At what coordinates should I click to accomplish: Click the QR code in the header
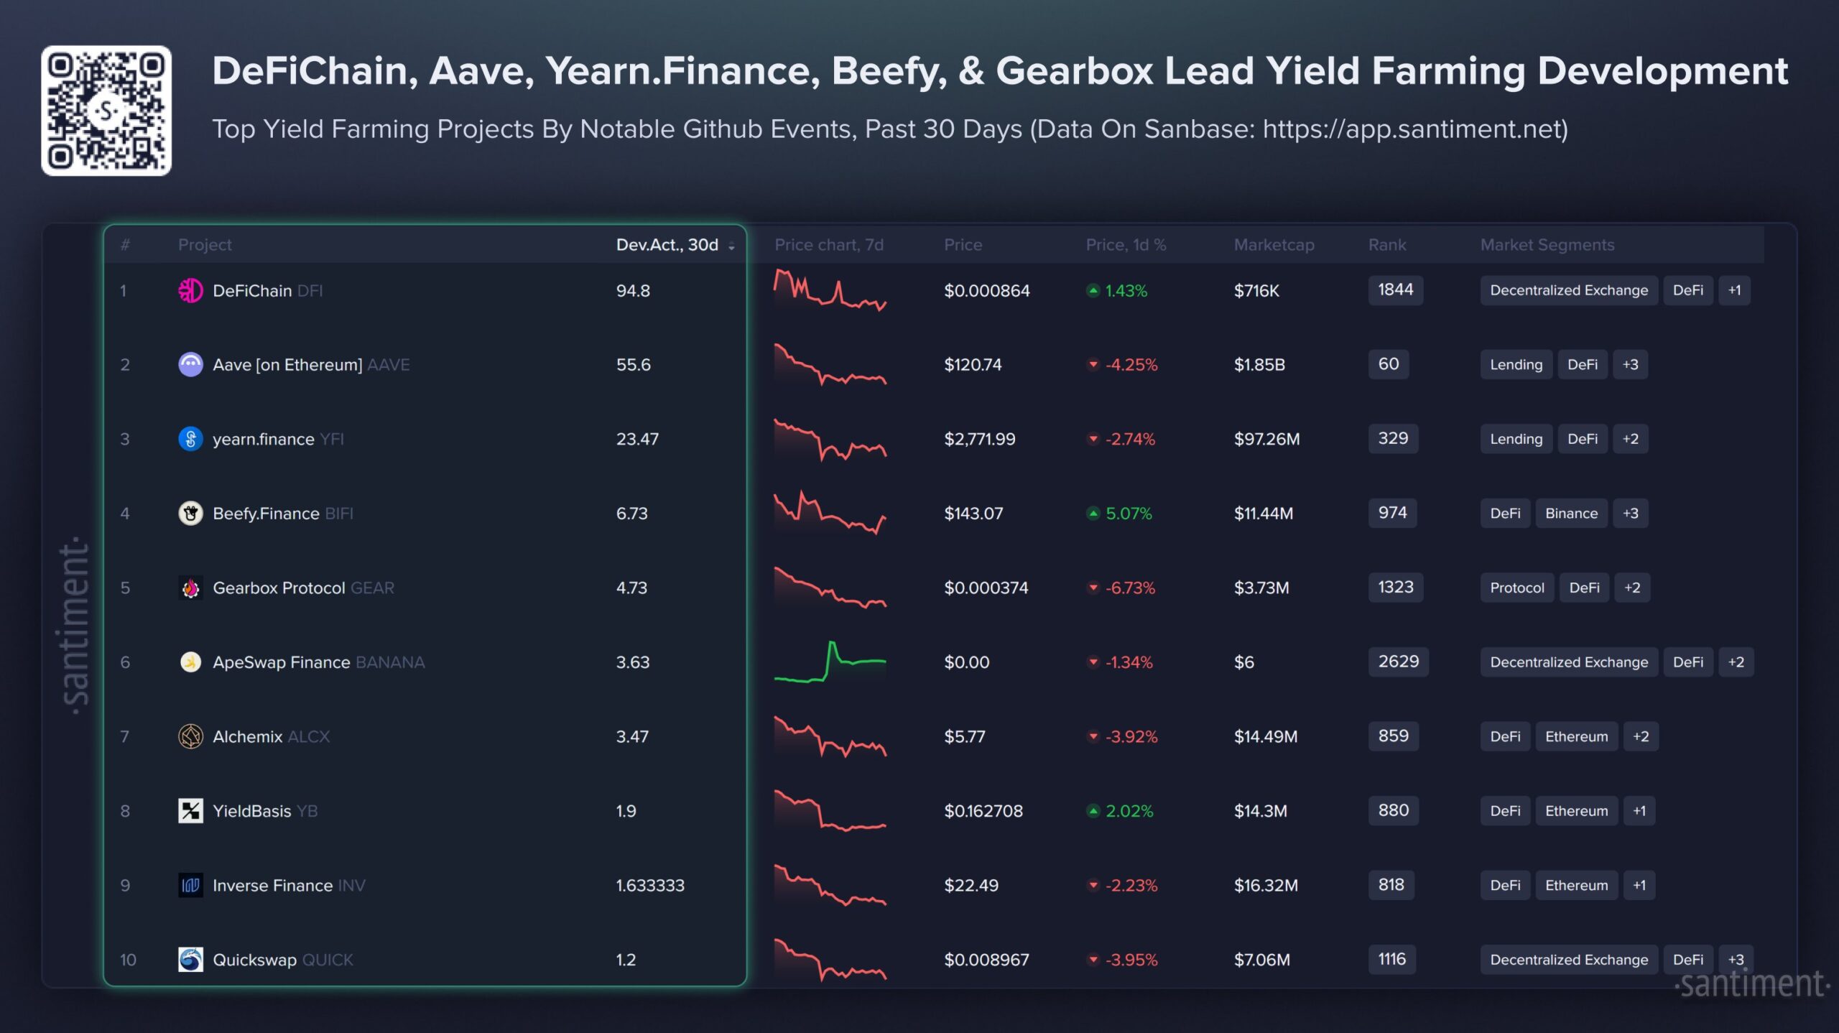pyautogui.click(x=106, y=111)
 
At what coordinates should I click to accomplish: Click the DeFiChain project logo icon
pyautogui.click(x=190, y=290)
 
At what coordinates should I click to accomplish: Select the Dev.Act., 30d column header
pyautogui.click(x=667, y=245)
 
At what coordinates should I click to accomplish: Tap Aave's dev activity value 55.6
pyautogui.click(x=633, y=365)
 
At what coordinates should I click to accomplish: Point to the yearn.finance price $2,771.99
pyautogui.click(x=979, y=439)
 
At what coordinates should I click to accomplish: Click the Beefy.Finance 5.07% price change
pyautogui.click(x=1128, y=514)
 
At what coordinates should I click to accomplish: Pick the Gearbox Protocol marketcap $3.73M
pyautogui.click(x=1261, y=588)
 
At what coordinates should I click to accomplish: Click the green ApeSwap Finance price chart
pyautogui.click(x=830, y=662)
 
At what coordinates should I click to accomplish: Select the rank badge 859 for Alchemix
pyautogui.click(x=1393, y=736)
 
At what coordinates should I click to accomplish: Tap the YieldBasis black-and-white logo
pyautogui.click(x=190, y=811)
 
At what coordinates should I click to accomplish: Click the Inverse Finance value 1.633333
pyautogui.click(x=650, y=885)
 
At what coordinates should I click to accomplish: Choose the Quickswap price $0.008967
pyautogui.click(x=986, y=960)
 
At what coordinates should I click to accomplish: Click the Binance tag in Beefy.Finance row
pyautogui.click(x=1571, y=514)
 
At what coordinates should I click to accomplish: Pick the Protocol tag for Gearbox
pyautogui.click(x=1516, y=588)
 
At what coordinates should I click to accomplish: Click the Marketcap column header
pyautogui.click(x=1274, y=245)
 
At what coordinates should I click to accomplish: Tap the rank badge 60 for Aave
pyautogui.click(x=1388, y=364)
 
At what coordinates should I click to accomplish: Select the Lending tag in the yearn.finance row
pyautogui.click(x=1516, y=439)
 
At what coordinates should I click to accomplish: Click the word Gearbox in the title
pyautogui.click(x=1074, y=72)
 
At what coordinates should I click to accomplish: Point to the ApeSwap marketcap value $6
pyautogui.click(x=1243, y=662)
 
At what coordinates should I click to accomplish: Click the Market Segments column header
pyautogui.click(x=1547, y=245)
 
